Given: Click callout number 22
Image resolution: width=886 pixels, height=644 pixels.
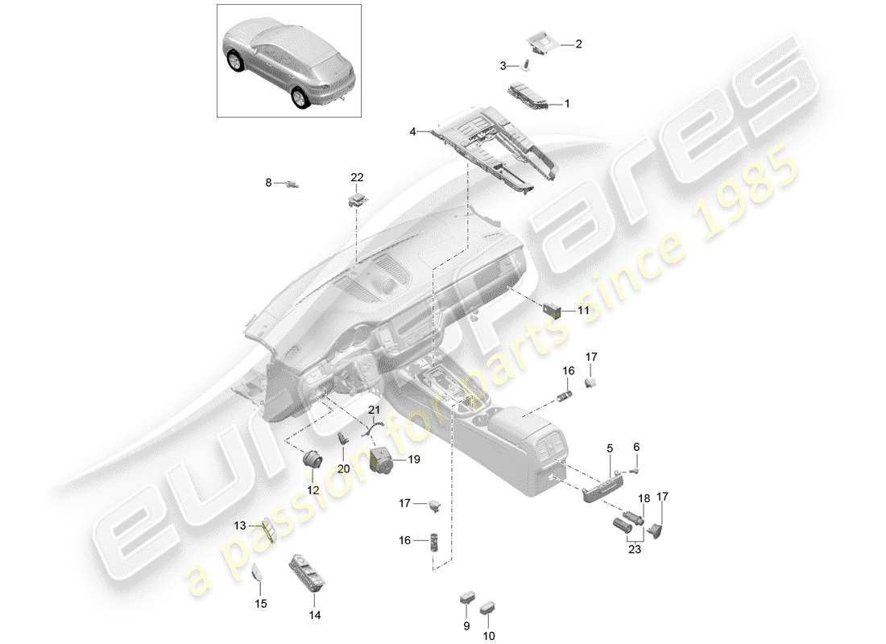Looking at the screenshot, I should click(357, 177).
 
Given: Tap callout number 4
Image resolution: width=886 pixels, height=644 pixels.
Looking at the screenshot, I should click(412, 131).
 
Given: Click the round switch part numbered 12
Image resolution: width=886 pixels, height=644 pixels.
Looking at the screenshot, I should click(312, 460).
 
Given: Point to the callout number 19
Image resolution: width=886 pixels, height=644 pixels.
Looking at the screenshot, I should click(414, 460).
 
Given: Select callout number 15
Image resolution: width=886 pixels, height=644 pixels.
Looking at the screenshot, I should click(259, 603).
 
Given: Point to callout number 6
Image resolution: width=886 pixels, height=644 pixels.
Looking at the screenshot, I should click(636, 447).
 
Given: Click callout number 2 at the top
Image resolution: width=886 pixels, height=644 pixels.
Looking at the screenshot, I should click(578, 44).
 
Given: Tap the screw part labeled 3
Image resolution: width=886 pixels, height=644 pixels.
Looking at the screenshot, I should click(525, 64).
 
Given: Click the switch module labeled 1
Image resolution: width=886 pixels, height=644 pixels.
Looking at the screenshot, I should click(528, 94).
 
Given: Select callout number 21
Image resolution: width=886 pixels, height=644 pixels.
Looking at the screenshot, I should click(373, 410).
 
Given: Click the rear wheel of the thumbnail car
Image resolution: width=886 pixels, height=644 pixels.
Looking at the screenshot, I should click(300, 97).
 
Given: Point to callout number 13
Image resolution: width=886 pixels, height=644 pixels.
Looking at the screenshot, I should click(239, 526).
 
